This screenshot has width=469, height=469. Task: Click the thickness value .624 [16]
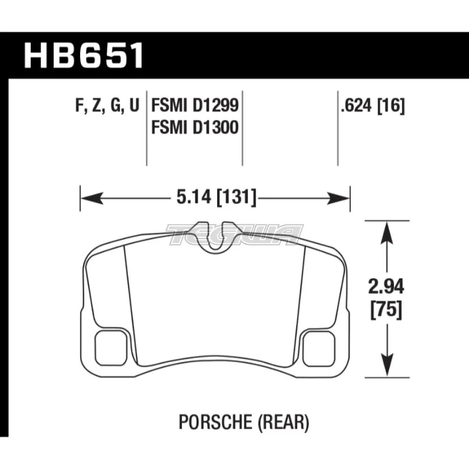click(373, 107)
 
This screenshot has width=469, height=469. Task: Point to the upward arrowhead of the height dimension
click(386, 230)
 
